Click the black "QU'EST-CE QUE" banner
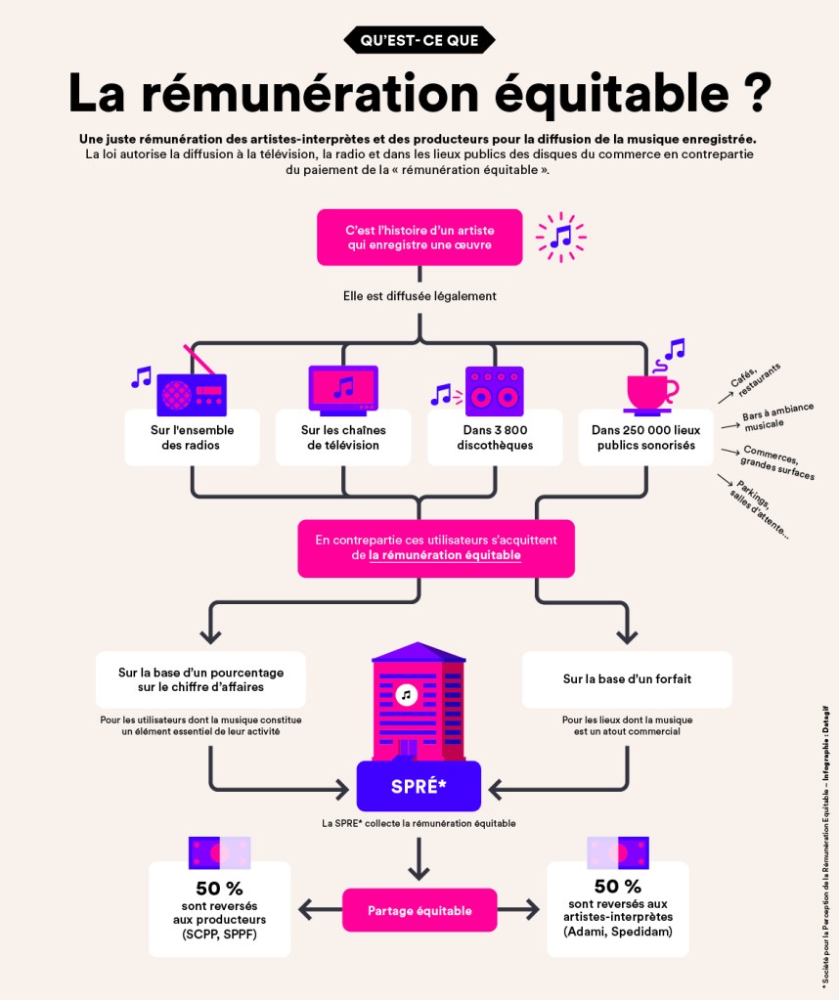tap(419, 39)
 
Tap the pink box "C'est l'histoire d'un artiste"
tap(419, 237)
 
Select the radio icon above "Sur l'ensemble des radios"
tap(192, 391)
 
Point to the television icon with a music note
tap(343, 387)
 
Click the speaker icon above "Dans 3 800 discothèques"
tap(494, 390)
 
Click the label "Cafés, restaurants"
tap(754, 378)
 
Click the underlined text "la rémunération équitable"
tap(445, 555)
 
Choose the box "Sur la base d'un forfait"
tap(627, 678)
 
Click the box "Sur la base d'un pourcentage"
tap(200, 678)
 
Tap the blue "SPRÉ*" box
tap(419, 785)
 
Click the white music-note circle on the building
tap(407, 694)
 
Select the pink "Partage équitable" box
tap(419, 910)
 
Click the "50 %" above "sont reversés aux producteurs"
tap(219, 889)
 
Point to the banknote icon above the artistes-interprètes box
tap(618, 852)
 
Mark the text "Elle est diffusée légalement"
tap(419, 295)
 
